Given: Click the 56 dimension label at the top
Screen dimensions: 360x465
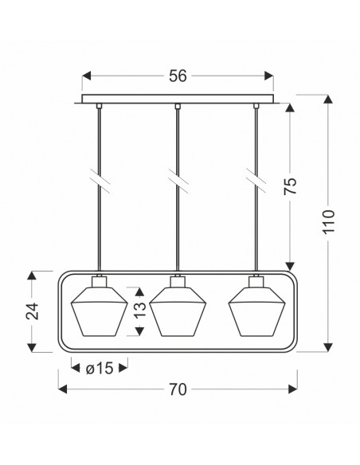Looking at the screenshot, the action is (178, 76).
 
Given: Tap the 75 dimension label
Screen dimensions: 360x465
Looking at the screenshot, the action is (291, 186).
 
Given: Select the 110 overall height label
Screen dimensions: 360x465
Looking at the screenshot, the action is (329, 222).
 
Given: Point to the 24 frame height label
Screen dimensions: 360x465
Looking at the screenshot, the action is (33, 311).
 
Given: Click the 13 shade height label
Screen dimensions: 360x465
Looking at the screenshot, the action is (140, 310).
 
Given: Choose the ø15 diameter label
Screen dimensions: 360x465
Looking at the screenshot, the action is (100, 369).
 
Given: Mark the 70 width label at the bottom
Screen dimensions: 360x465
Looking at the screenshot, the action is (178, 389).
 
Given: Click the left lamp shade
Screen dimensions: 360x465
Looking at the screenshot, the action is (99, 311).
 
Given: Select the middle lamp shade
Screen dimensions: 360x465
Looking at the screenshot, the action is (178, 311).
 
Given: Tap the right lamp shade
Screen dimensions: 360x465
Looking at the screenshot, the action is (256, 311).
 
